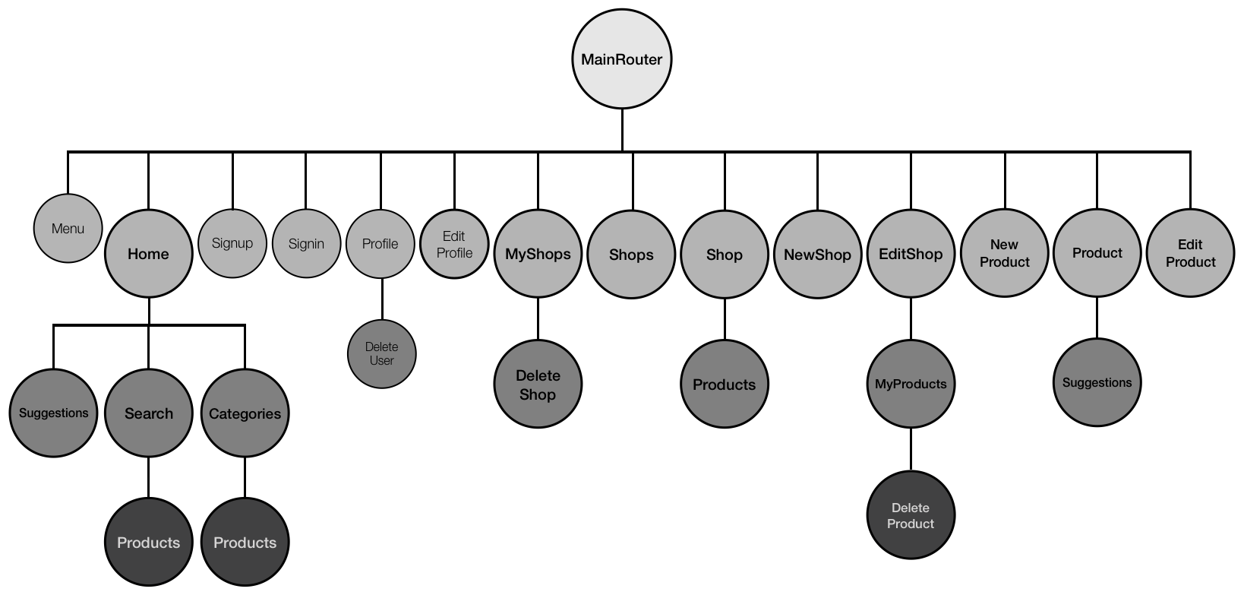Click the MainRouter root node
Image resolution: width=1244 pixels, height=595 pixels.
point(622,59)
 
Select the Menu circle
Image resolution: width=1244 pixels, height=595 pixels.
point(68,229)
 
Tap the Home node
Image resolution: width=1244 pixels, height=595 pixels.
point(148,254)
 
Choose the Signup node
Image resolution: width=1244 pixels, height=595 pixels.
point(232,243)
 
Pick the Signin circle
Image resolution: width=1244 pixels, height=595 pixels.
point(306,243)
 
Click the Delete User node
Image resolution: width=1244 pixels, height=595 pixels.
point(381,354)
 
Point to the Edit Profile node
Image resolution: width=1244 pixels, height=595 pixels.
point(454,244)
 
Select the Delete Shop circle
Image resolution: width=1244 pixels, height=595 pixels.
point(538,385)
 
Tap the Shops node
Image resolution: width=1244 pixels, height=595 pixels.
point(631,255)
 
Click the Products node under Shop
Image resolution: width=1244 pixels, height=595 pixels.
point(724,385)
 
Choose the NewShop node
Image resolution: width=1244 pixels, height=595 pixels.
point(817,255)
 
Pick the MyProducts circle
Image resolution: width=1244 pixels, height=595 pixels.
point(911,384)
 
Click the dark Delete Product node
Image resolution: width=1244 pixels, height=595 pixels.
point(911,515)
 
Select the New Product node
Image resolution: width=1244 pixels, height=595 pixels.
point(1004,253)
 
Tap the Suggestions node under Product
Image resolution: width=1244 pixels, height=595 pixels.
point(1097,382)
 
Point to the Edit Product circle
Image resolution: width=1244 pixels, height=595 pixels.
point(1190,253)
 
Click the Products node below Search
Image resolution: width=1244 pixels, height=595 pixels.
point(148,542)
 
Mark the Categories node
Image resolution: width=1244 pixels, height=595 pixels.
point(245,413)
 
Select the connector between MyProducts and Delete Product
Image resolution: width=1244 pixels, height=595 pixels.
point(911,450)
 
